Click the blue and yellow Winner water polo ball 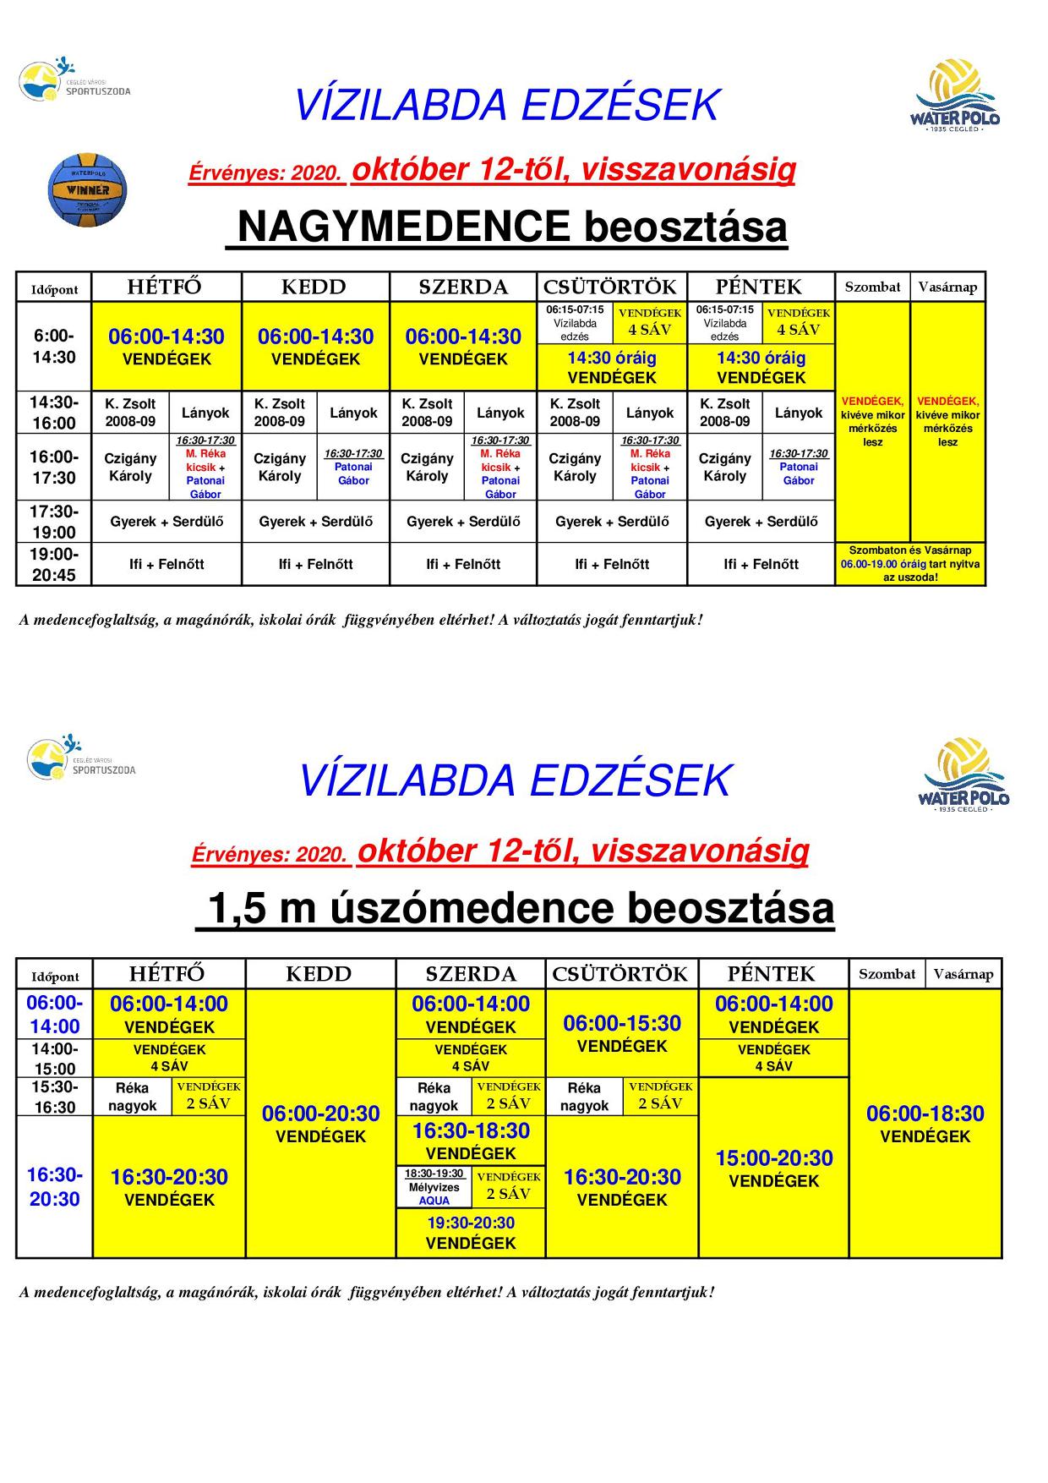[x=87, y=189]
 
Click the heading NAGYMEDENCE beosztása [x=507, y=226]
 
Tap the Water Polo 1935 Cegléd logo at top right [x=955, y=95]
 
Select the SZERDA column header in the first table [x=463, y=287]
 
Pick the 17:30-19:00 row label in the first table [x=54, y=522]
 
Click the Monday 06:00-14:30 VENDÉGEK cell [x=166, y=346]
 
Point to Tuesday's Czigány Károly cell [x=280, y=467]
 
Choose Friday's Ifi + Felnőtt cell [x=761, y=564]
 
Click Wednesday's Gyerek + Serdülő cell [x=463, y=522]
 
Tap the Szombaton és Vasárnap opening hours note [x=910, y=564]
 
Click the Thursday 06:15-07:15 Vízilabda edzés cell [x=575, y=323]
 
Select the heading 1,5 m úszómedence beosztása [x=516, y=909]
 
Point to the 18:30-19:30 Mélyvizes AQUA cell [x=434, y=1187]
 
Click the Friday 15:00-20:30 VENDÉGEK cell [x=774, y=1168]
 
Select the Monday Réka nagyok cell [x=132, y=1097]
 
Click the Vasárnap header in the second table [x=963, y=974]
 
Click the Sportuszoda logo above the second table [x=81, y=758]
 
